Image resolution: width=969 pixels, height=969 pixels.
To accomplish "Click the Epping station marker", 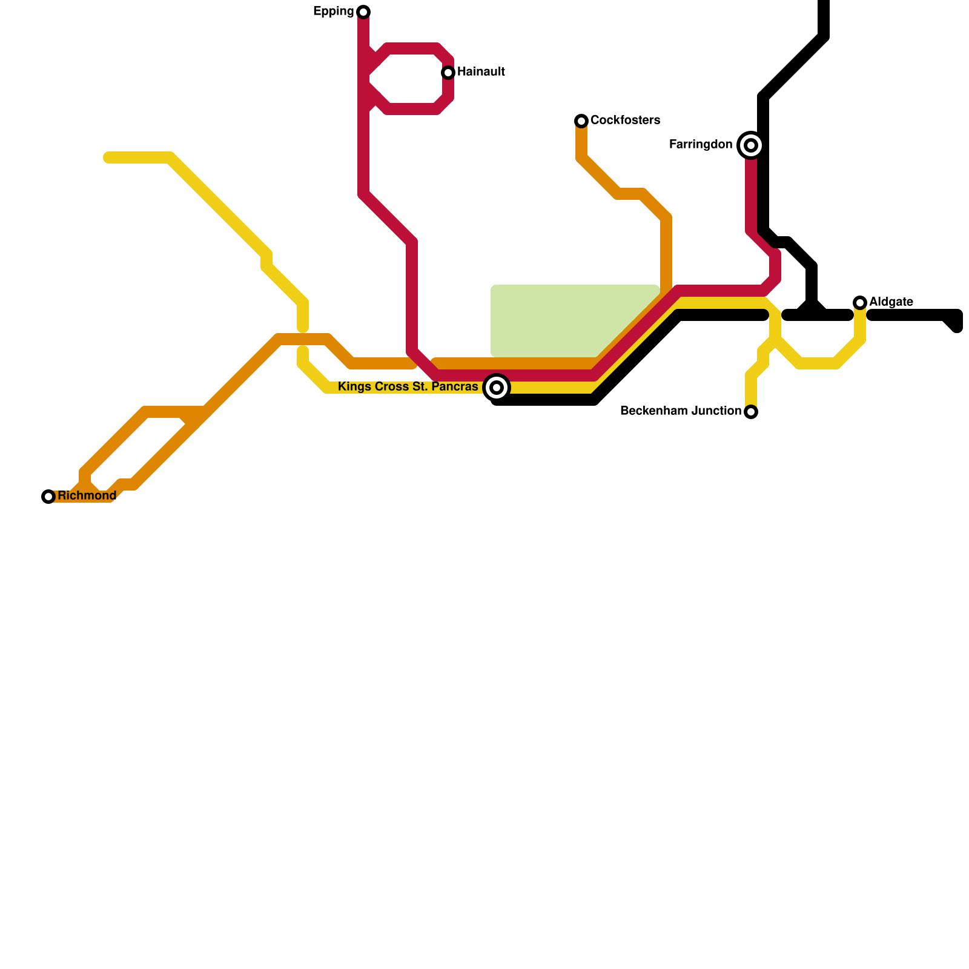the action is coord(363,12).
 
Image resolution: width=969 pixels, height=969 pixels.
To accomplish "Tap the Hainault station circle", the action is coord(448,73).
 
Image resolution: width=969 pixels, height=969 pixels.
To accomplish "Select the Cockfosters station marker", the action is coord(581,121).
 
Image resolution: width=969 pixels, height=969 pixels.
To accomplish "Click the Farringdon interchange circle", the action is coord(751,145).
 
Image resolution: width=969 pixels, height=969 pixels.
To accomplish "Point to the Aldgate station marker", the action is coord(860,303).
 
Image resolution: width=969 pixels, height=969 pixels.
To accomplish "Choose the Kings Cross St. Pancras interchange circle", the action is coord(497,388).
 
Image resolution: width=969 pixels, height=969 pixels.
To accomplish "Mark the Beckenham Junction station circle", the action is coord(751,412).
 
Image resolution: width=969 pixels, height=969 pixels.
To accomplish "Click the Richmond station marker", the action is coord(48,497).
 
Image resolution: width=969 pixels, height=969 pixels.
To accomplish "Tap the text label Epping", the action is coord(333,12).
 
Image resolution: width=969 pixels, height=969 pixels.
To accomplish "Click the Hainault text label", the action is coord(481,72).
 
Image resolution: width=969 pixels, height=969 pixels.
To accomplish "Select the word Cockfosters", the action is coord(625,121).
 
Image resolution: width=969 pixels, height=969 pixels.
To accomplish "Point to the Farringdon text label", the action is coord(701,145).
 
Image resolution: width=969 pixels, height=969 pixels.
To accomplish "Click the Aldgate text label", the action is coord(891,302).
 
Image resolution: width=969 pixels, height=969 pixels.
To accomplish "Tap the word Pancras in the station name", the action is coord(454,387).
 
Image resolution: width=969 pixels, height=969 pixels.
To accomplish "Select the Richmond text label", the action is coord(87,496).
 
